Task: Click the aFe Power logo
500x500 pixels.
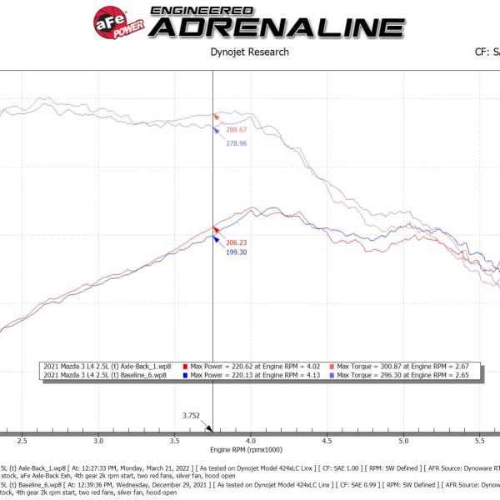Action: [117, 21]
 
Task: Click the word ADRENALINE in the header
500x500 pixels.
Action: [276, 27]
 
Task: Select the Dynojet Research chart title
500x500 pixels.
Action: [250, 52]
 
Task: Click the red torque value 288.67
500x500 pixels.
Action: [238, 131]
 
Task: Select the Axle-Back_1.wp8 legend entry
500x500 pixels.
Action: [108, 366]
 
